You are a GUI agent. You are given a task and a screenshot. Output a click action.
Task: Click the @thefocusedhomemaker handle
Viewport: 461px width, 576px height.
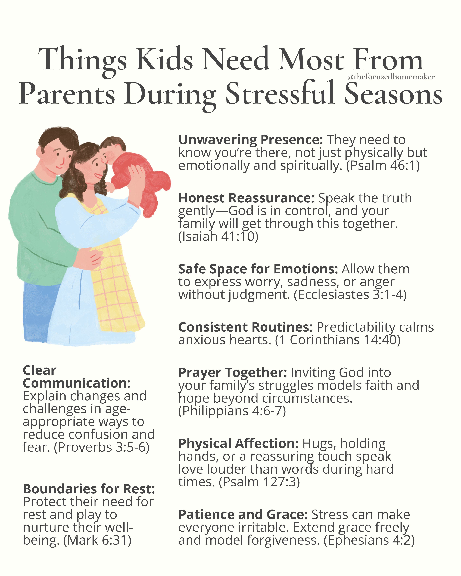[x=391, y=77]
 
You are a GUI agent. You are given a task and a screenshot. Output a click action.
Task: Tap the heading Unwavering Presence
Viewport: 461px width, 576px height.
[x=251, y=140]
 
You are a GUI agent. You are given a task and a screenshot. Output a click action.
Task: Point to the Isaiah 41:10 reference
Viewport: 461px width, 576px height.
[x=218, y=236]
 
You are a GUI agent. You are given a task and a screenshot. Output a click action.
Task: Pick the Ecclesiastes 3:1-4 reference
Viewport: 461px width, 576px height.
[x=350, y=295]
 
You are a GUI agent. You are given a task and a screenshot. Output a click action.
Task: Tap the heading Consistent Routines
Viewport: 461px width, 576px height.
[x=245, y=327]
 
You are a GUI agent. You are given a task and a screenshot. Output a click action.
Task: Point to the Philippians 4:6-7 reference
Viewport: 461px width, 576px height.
[x=232, y=411]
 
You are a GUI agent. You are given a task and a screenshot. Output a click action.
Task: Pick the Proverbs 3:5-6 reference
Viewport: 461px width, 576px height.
[x=101, y=448]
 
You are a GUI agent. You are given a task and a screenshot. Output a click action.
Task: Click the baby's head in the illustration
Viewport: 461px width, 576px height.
[x=112, y=150]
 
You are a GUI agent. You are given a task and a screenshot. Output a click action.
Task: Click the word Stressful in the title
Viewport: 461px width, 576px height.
[x=280, y=94]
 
